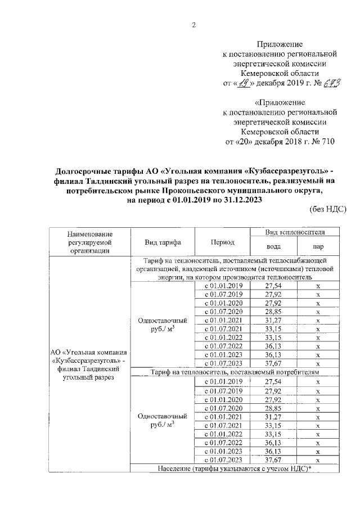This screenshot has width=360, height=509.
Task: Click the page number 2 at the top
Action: (194, 24)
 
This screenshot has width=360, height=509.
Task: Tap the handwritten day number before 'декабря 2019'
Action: (242, 83)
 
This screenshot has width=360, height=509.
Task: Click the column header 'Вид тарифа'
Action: (163, 242)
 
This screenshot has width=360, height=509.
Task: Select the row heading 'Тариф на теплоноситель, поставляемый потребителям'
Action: (236, 372)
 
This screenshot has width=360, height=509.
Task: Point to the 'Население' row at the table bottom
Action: (236, 469)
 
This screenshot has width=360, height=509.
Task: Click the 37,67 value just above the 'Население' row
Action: (272, 460)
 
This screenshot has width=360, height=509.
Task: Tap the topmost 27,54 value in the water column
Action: (272, 286)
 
